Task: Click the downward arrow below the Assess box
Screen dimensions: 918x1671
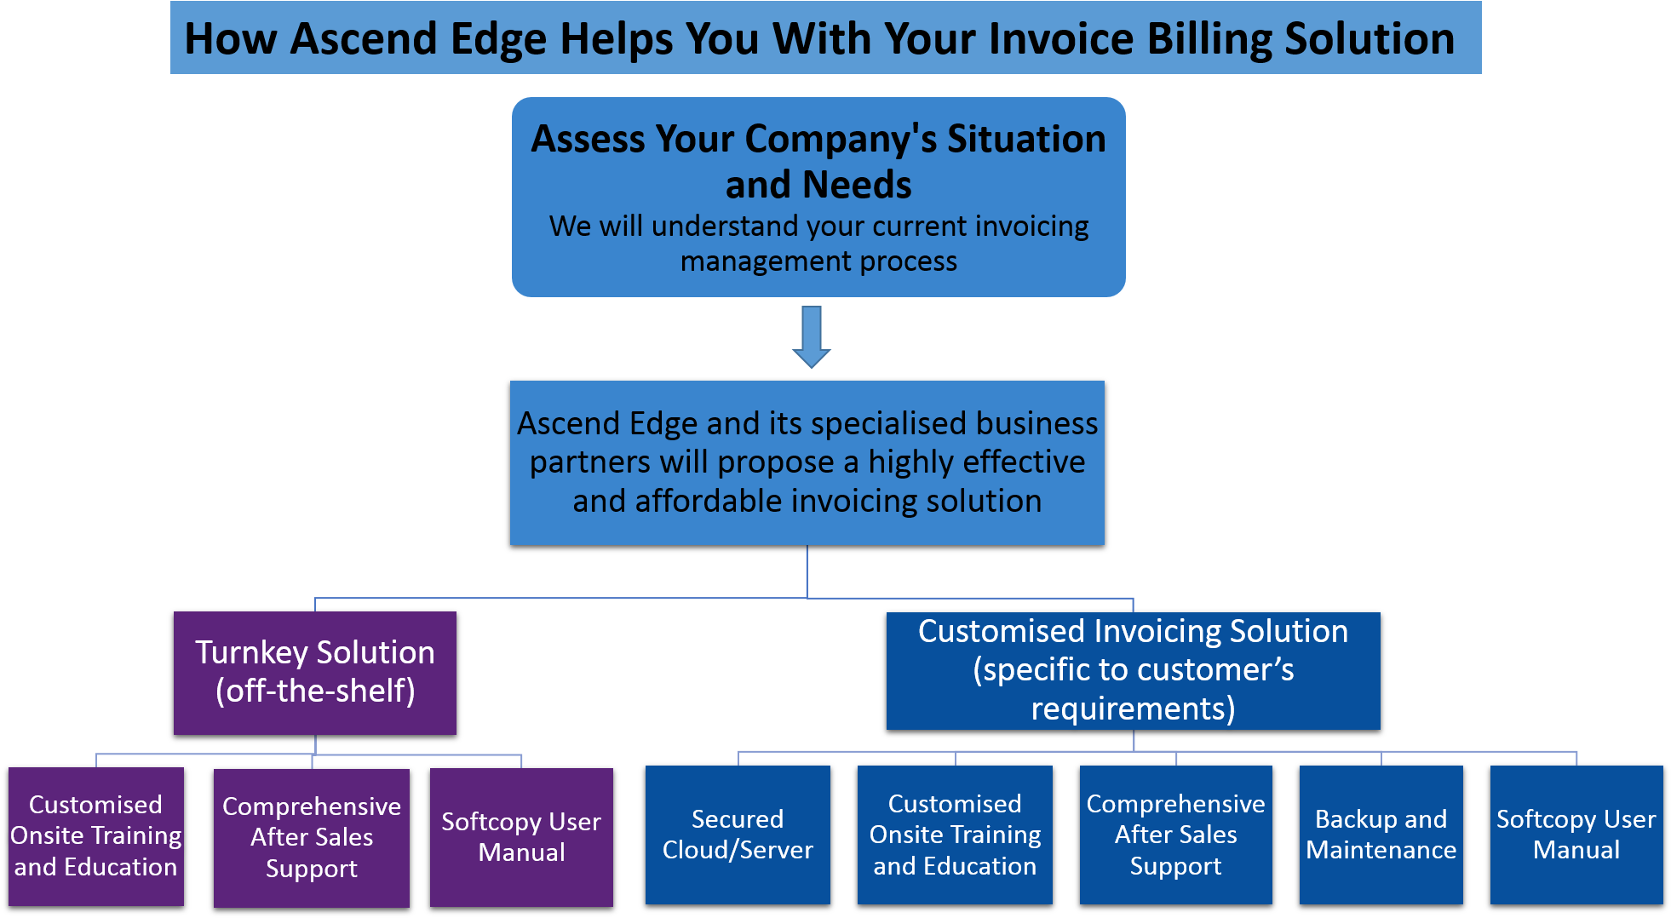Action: [812, 337]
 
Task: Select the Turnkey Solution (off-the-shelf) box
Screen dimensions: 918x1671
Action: [315, 672]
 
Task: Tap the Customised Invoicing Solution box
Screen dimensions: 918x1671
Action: [1133, 670]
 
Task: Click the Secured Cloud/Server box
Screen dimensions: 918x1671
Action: [738, 835]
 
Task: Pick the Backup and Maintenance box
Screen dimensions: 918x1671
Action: [1381, 835]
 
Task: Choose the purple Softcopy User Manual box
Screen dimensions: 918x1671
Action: [521, 837]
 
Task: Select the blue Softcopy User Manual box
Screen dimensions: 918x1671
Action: [1576, 835]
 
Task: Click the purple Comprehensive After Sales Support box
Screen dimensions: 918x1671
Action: [312, 838]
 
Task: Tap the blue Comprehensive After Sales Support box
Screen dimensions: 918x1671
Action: [1175, 835]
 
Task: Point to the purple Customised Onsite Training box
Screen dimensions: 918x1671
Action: [96, 836]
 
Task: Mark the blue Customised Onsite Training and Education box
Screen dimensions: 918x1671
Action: [955, 835]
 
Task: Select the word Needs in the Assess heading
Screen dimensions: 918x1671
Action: [857, 185]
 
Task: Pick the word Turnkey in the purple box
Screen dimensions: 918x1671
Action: [251, 652]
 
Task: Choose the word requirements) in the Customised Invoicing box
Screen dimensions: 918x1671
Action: [1133, 709]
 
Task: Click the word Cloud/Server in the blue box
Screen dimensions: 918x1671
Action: [738, 850]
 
